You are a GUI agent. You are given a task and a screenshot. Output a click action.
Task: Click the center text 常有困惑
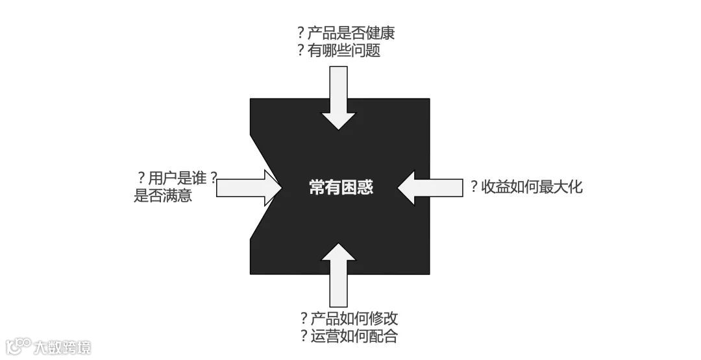(x=341, y=188)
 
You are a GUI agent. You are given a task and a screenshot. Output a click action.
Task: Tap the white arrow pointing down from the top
(x=339, y=97)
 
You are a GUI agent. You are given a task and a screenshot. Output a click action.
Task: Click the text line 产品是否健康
(x=351, y=34)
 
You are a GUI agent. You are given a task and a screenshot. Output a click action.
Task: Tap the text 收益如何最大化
(x=532, y=187)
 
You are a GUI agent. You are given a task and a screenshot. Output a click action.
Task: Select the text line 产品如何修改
(x=354, y=318)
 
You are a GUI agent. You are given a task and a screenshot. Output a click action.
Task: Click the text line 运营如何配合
(x=354, y=336)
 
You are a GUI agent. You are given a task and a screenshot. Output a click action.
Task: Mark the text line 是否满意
(x=163, y=195)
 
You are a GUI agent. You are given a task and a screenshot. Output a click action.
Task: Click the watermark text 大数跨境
(x=63, y=346)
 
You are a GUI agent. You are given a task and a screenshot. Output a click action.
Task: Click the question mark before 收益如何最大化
(x=474, y=187)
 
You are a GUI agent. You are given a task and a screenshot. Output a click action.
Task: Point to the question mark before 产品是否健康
(x=301, y=34)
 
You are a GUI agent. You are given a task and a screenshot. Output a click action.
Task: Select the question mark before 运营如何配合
(x=303, y=336)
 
